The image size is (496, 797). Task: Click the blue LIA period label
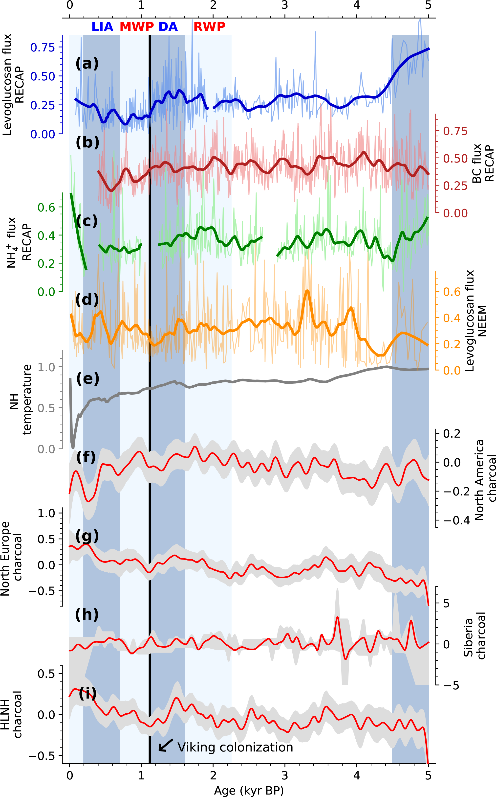pos(102,26)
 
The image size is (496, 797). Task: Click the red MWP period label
pos(136,26)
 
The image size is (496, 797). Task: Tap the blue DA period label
pos(168,26)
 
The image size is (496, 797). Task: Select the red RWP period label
pos(209,26)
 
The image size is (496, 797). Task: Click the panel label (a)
pos(87,63)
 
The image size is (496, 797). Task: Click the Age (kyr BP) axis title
pos(248,790)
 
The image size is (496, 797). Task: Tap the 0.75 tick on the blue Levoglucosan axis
pos(43,47)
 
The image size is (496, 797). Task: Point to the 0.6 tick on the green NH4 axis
pos(46,208)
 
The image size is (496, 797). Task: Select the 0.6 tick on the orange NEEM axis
pos(452,292)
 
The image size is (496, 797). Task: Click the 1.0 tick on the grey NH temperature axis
pos(46,367)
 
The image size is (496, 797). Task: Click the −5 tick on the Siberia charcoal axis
pos(451,686)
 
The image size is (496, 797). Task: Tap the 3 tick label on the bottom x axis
pos(285,776)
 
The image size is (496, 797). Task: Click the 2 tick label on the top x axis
pos(213,5)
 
